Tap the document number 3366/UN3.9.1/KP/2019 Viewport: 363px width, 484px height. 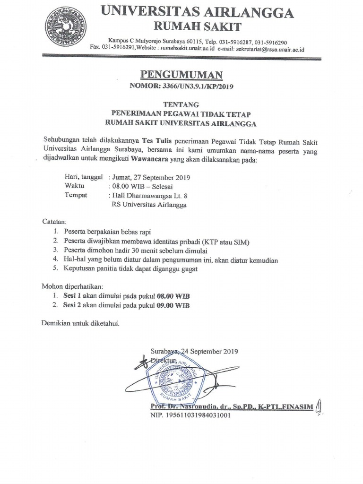click(x=198, y=87)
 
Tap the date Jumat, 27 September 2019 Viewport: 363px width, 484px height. click(x=150, y=178)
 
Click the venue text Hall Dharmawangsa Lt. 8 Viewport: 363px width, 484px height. click(x=151, y=195)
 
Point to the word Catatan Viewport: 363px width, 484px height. click(x=55, y=221)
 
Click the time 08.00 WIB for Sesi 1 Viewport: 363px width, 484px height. click(x=174, y=296)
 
